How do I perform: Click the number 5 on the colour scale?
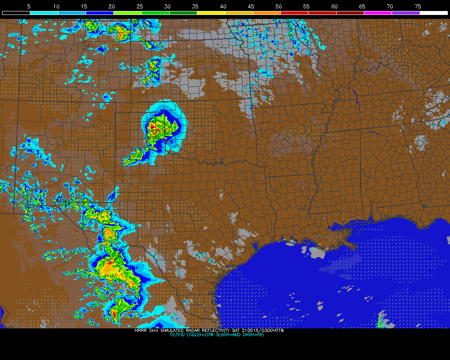click(x=29, y=6)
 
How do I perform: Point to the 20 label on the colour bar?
click(x=112, y=6)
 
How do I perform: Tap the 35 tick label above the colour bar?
click(x=195, y=6)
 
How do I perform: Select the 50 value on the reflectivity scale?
click(x=279, y=6)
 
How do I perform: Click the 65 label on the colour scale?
click(x=362, y=6)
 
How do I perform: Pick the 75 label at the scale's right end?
click(x=417, y=6)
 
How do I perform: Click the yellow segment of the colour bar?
click(x=211, y=13)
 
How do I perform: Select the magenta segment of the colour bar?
click(x=378, y=13)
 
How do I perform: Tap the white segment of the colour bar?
click(x=433, y=13)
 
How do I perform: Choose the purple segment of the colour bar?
click(x=406, y=13)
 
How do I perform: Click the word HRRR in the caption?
click(x=140, y=331)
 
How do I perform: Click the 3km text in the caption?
click(x=152, y=331)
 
